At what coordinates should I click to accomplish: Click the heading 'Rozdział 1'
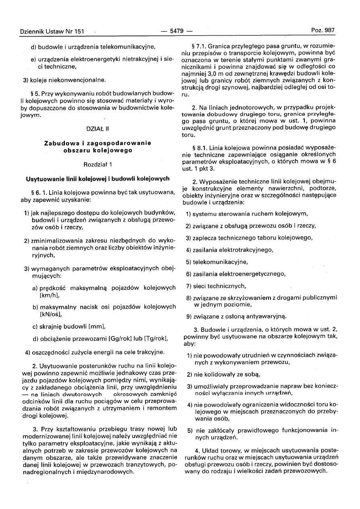pyautogui.click(x=98, y=164)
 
